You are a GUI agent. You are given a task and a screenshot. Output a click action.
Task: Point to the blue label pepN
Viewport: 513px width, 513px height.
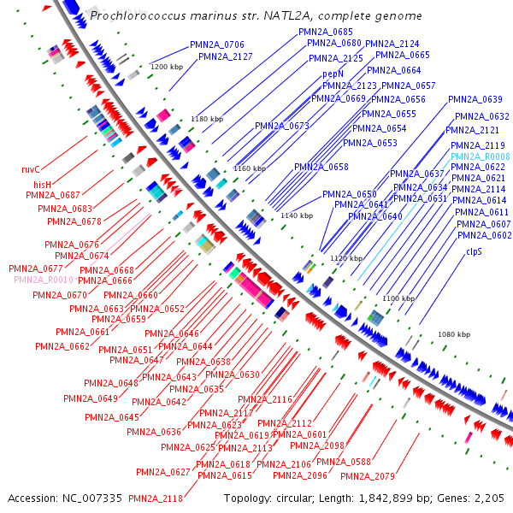point(333,74)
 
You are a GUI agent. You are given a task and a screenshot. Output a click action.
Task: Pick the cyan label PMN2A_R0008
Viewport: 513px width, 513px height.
point(481,156)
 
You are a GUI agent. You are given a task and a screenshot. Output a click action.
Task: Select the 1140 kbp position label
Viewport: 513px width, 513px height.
point(297,215)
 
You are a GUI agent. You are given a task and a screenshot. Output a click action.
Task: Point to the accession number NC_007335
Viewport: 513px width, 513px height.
point(91,498)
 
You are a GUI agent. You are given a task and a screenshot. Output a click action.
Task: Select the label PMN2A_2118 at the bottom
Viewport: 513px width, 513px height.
point(156,498)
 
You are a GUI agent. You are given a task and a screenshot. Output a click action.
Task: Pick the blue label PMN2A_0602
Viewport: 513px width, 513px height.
point(484,235)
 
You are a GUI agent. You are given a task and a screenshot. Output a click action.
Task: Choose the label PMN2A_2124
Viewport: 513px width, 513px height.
point(392,44)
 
